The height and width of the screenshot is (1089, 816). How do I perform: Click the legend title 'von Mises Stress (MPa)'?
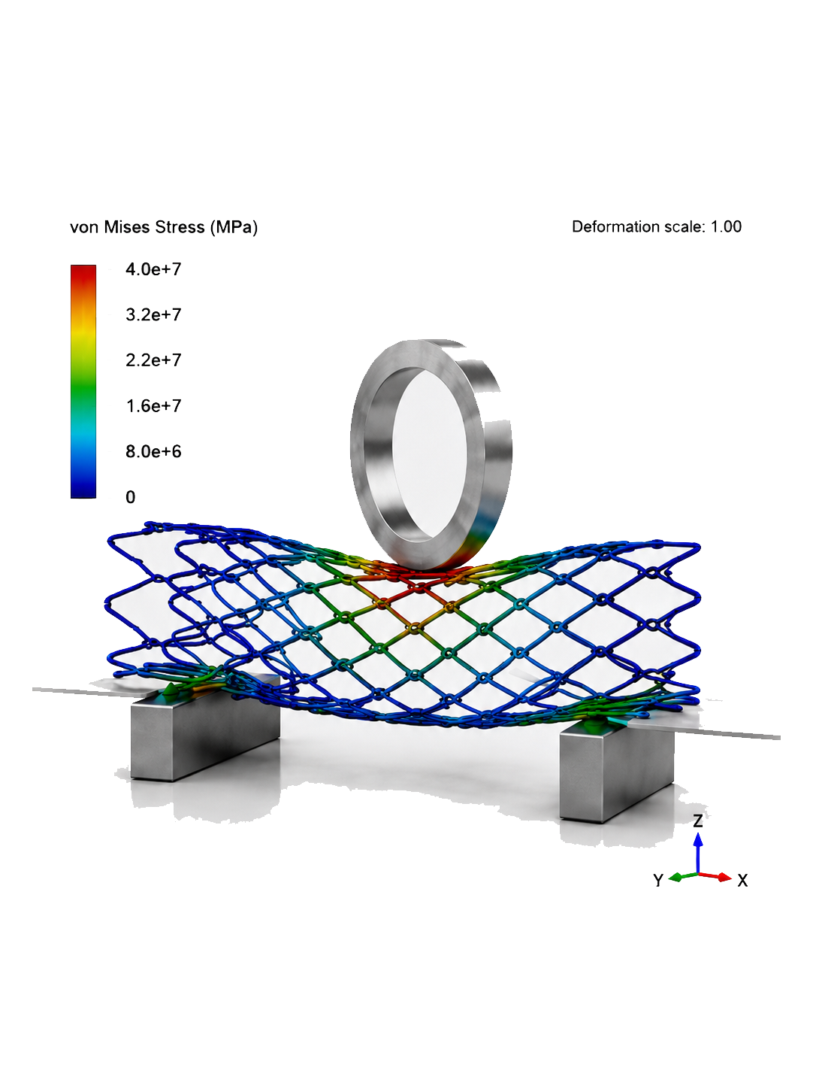click(164, 227)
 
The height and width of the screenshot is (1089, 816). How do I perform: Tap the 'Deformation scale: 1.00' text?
click(657, 226)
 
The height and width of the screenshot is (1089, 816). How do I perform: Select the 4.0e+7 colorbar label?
click(153, 269)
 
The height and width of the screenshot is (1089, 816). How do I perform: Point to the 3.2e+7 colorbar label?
click(153, 314)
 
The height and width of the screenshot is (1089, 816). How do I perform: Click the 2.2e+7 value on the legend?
click(153, 360)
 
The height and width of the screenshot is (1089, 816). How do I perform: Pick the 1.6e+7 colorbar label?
click(153, 406)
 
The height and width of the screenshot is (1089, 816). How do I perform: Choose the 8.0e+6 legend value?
click(153, 451)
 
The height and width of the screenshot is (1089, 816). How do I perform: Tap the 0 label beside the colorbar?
click(130, 497)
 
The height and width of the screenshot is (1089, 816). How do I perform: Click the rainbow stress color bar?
click(83, 381)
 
